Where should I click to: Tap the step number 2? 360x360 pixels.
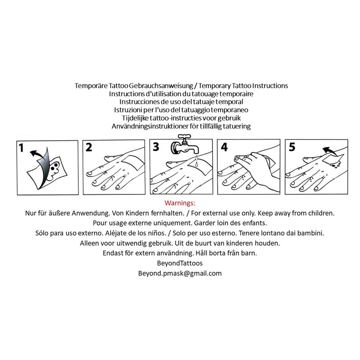click(x=89, y=147)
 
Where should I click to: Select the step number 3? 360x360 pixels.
click(x=156, y=147)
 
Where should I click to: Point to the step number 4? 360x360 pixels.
click(x=224, y=147)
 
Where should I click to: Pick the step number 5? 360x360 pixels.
click(x=292, y=147)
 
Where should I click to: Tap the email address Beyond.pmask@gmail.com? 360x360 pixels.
click(x=180, y=273)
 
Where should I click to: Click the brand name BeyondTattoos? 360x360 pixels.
click(x=180, y=263)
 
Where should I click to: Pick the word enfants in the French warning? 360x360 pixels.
click(x=242, y=223)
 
